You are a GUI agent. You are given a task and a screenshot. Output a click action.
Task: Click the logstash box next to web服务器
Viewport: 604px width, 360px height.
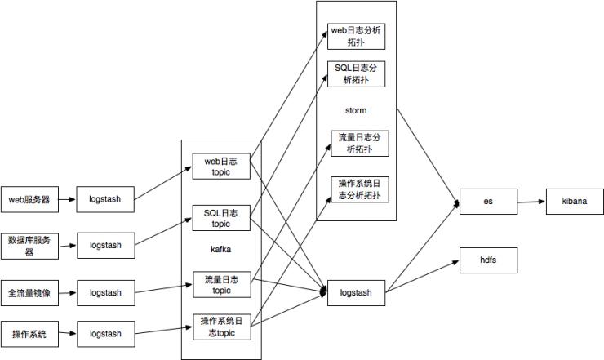click(105, 198)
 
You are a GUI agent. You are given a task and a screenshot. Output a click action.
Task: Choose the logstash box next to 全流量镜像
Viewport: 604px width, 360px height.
click(105, 292)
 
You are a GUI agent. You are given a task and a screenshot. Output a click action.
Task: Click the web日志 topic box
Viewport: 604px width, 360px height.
click(220, 167)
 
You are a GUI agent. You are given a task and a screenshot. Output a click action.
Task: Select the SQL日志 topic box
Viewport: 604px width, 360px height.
click(220, 218)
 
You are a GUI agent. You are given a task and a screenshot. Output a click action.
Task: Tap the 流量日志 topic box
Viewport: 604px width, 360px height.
click(220, 285)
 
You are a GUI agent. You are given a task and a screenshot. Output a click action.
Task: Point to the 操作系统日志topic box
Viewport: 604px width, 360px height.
click(220, 327)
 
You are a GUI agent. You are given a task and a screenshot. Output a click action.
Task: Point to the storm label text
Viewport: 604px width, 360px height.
click(356, 109)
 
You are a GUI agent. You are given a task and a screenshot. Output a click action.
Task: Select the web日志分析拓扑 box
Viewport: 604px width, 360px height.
click(356, 35)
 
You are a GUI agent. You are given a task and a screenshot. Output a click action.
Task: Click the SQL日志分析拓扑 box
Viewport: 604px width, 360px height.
click(356, 73)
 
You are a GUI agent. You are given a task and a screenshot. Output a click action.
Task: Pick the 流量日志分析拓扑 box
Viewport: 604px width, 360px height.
click(359, 143)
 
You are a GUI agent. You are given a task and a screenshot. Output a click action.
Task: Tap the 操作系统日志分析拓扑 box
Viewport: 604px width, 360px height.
click(359, 189)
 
